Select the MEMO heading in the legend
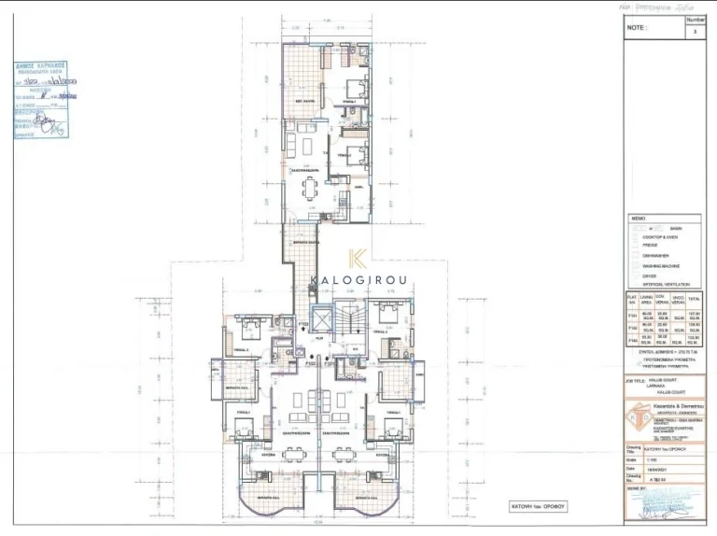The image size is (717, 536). (x=639, y=218)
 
